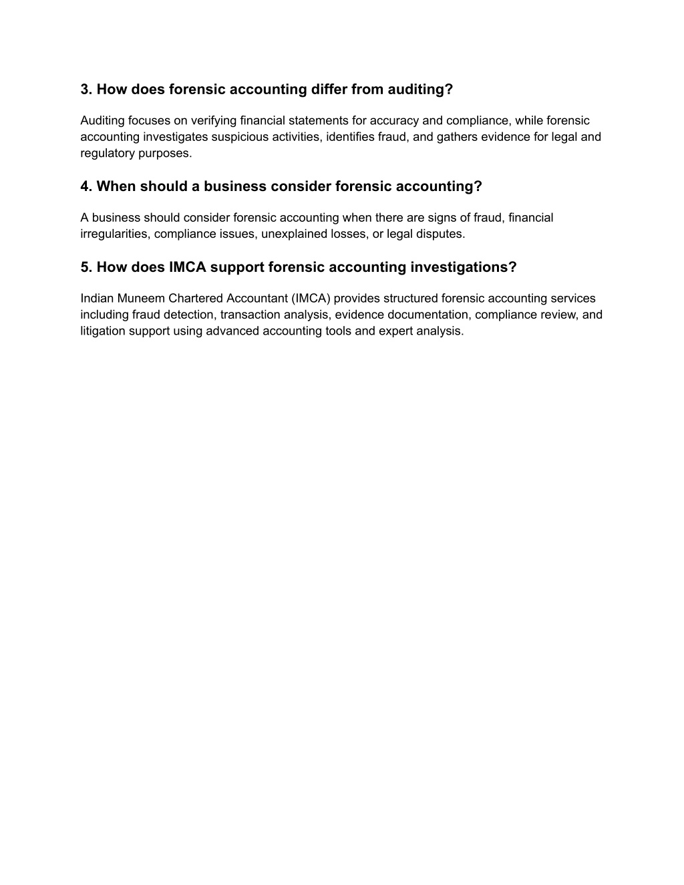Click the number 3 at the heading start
(x=85, y=90)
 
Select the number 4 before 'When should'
(x=85, y=186)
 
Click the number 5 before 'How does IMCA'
(x=85, y=267)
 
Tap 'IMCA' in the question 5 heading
(x=188, y=267)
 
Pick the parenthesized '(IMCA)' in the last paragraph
(x=310, y=299)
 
